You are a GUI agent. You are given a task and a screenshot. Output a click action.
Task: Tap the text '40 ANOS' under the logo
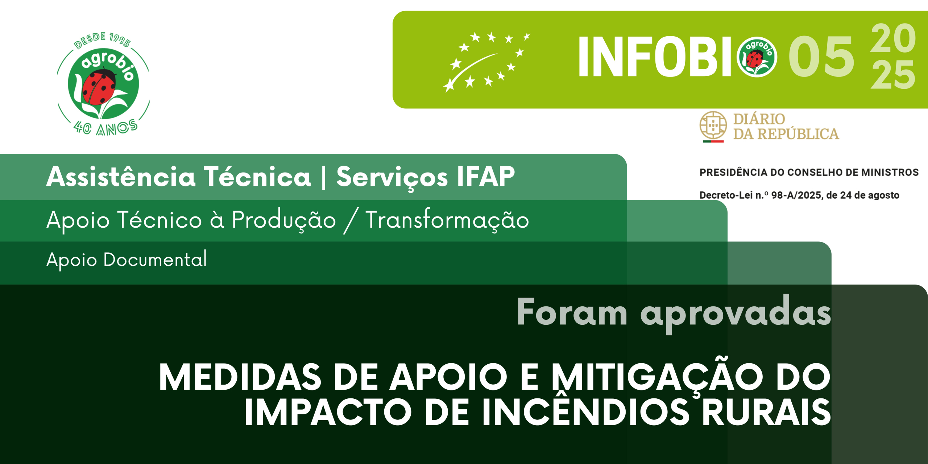(105, 128)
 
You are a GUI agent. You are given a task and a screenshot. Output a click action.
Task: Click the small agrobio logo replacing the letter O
(757, 57)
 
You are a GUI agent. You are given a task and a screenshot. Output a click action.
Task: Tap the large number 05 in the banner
(821, 57)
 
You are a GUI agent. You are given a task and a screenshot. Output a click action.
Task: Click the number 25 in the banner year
(893, 75)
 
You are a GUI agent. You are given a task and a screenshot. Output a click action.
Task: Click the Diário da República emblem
(713, 126)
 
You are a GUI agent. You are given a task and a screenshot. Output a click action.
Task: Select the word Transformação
(447, 220)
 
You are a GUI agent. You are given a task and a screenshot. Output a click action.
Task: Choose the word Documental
(155, 259)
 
